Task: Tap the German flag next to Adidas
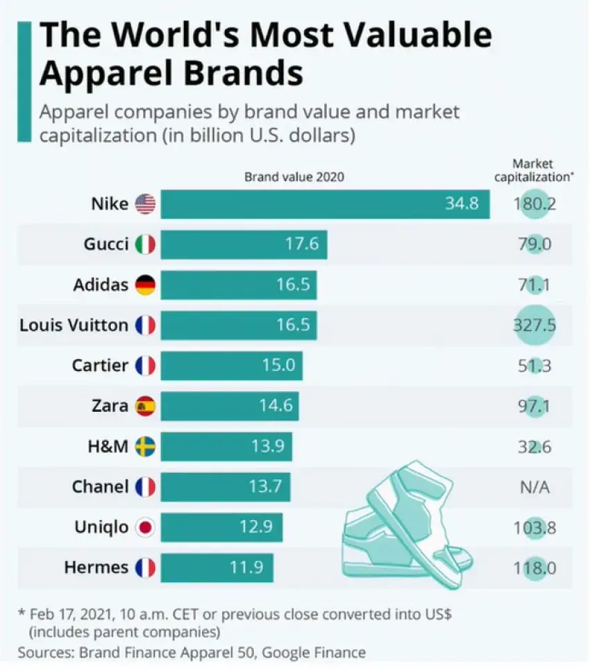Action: tap(145, 284)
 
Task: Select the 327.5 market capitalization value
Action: tap(534, 325)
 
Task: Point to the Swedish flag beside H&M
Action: tap(145, 447)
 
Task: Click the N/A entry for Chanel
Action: tap(534, 487)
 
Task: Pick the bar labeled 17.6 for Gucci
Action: tap(244, 244)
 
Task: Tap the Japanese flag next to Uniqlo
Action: tap(145, 528)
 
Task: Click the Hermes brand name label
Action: tap(96, 568)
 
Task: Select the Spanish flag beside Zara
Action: tap(145, 406)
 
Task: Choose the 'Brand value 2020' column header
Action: tap(294, 177)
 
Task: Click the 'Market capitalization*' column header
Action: tap(533, 170)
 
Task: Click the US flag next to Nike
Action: tap(145, 204)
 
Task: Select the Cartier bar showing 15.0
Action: tap(231, 365)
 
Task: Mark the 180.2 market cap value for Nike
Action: tap(534, 204)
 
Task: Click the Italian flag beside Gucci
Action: tap(145, 244)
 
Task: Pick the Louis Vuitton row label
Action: tap(74, 325)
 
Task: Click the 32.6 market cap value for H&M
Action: tap(534, 447)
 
